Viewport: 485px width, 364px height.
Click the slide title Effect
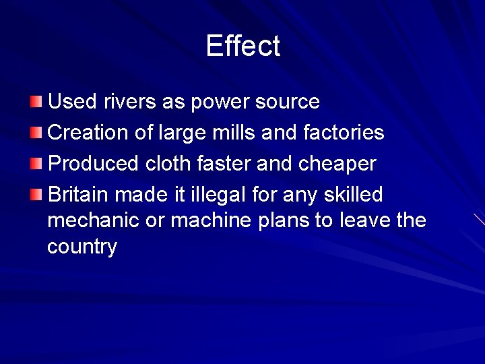(x=243, y=47)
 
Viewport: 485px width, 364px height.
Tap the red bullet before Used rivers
(x=36, y=102)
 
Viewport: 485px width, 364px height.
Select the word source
(x=288, y=102)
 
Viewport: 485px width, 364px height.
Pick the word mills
(x=230, y=133)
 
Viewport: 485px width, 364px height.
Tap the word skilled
(x=353, y=195)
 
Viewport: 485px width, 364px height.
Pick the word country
(x=82, y=247)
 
